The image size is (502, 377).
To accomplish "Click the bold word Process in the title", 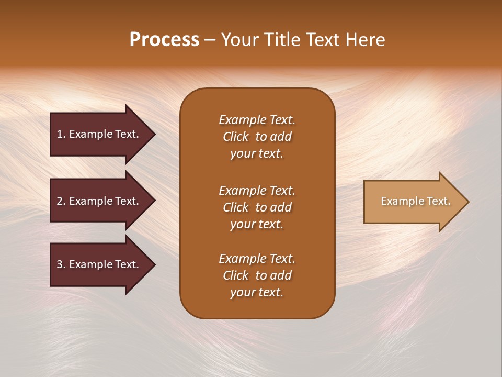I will click(164, 40).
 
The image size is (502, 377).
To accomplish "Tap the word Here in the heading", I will click(366, 40).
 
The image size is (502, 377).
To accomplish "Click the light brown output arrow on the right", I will click(413, 202).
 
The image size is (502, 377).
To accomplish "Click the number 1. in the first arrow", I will click(61, 134).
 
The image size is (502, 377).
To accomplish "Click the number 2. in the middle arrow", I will click(61, 201).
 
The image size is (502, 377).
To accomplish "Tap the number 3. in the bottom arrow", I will click(61, 264).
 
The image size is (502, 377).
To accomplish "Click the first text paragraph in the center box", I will click(257, 137).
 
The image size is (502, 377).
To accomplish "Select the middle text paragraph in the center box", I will click(257, 207).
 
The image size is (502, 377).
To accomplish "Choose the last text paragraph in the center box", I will click(257, 275).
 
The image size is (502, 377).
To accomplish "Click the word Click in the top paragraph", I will click(235, 137).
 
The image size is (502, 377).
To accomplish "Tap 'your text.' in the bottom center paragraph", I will click(257, 292).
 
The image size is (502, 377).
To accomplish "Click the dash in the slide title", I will click(210, 40).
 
